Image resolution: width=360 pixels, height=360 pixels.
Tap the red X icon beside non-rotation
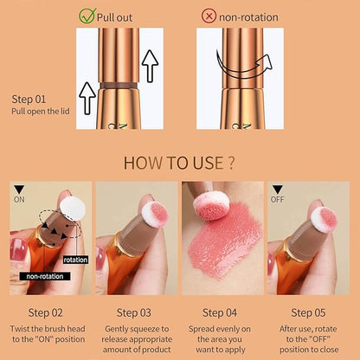[208, 15]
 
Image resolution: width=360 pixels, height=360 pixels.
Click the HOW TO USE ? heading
[179, 163]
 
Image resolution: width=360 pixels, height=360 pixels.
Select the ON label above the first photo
[19, 197]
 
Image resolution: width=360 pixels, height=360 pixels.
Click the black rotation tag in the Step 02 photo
[75, 259]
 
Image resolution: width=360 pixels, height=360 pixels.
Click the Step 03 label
[135, 312]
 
